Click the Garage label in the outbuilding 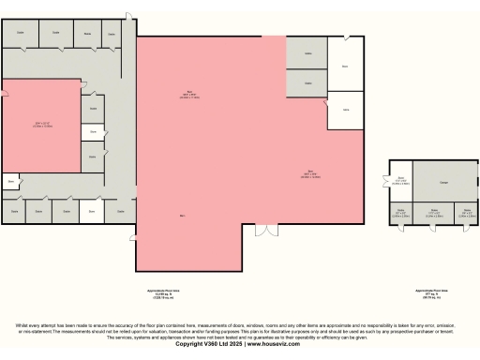443,182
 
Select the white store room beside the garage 400,181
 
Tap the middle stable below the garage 434,214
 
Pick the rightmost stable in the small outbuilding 466,214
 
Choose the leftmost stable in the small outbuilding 400,214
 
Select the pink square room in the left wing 42,125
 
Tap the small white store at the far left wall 11,181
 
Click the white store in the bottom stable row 92,213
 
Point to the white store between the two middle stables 92,132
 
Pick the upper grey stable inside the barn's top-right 307,54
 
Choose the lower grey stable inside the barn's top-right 307,84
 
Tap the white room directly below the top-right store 345,110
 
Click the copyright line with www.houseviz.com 239,344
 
